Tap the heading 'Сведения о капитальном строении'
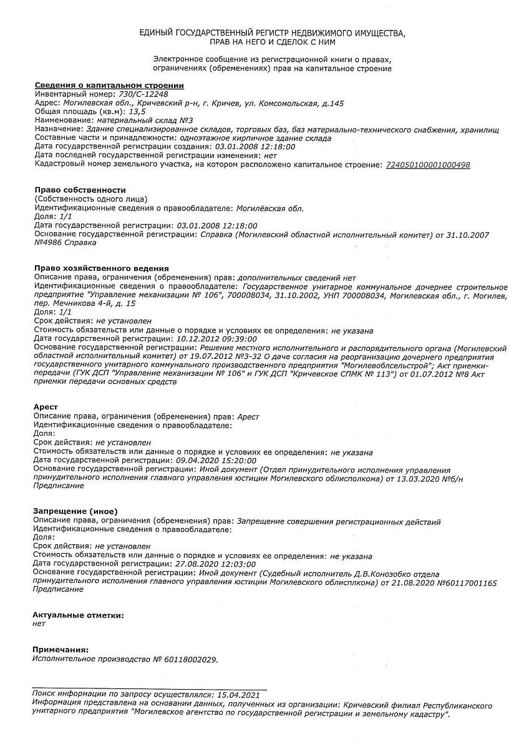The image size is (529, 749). [x=109, y=85]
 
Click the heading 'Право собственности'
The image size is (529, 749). [x=80, y=190]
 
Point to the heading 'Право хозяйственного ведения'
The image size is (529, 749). [x=102, y=268]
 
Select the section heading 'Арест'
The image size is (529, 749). [x=46, y=407]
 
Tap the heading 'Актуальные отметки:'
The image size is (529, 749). [x=78, y=615]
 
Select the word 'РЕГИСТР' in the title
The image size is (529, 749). [x=274, y=32]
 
